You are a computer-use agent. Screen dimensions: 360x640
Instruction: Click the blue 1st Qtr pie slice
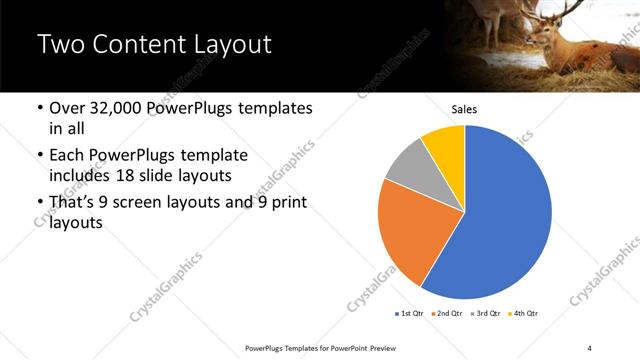[510, 215]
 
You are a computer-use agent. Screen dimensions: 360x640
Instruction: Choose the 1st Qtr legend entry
[410, 314]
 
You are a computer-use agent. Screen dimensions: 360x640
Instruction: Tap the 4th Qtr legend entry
[524, 314]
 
